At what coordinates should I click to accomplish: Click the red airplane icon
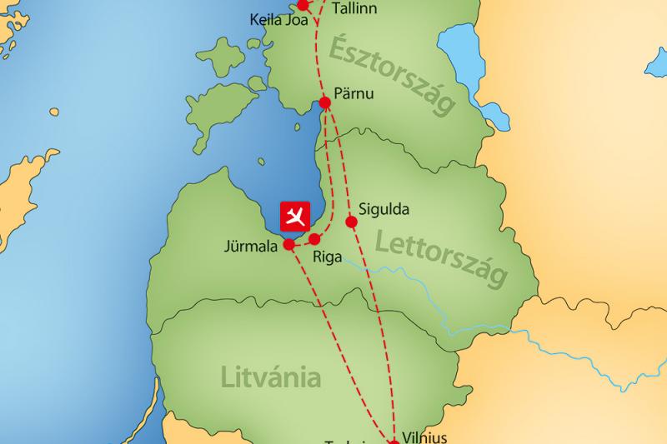(x=292, y=216)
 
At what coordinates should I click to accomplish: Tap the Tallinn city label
(x=354, y=9)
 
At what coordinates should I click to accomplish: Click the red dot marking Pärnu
(x=325, y=103)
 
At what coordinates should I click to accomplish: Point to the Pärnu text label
(x=355, y=92)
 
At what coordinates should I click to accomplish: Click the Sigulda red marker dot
(x=351, y=222)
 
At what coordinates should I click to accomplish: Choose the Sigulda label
(x=383, y=209)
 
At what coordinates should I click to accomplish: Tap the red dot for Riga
(x=314, y=239)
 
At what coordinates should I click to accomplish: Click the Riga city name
(x=326, y=257)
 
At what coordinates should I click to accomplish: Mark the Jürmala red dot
(x=288, y=245)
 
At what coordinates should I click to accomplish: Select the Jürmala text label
(x=250, y=247)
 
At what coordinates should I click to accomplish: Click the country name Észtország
(x=392, y=75)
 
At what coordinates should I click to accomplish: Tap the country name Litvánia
(x=271, y=377)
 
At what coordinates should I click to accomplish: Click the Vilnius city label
(x=424, y=437)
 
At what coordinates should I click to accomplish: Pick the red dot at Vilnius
(x=393, y=441)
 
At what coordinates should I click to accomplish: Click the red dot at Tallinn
(x=303, y=5)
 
